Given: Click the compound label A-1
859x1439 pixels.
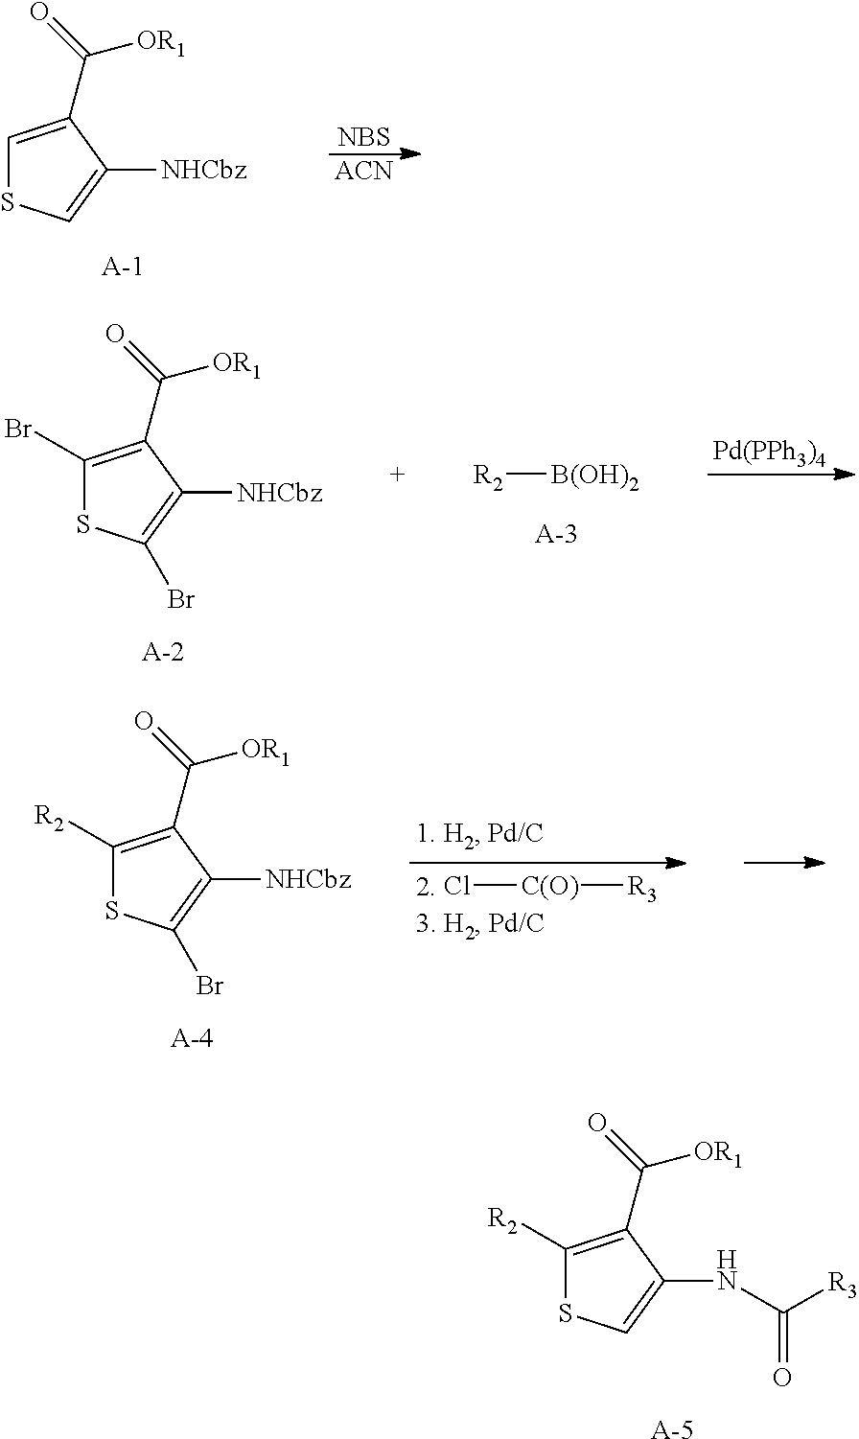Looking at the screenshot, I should pyautogui.click(x=122, y=267).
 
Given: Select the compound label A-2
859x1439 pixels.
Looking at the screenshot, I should pyautogui.click(x=163, y=653).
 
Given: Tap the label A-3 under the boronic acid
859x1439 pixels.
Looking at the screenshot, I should pyautogui.click(x=556, y=534).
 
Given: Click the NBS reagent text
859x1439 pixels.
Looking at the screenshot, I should pyautogui.click(x=363, y=137).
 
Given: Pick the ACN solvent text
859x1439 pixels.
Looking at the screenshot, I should pyautogui.click(x=363, y=173).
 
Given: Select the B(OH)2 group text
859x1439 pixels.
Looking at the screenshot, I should pyautogui.click(x=594, y=476).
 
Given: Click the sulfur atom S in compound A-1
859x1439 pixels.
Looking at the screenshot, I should pyautogui.click(x=10, y=202).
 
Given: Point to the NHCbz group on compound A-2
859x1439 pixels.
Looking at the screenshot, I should pyautogui.click(x=279, y=494).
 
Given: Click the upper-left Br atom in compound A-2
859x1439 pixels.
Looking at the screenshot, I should pyautogui.click(x=20, y=428).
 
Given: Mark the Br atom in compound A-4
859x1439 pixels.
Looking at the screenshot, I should pyautogui.click(x=210, y=985).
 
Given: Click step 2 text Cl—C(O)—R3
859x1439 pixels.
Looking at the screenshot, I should pyautogui.click(x=543, y=887).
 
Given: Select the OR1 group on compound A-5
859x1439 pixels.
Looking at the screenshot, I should pyautogui.click(x=717, y=1154).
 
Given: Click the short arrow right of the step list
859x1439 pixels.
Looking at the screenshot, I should pyautogui.click(x=784, y=863).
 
